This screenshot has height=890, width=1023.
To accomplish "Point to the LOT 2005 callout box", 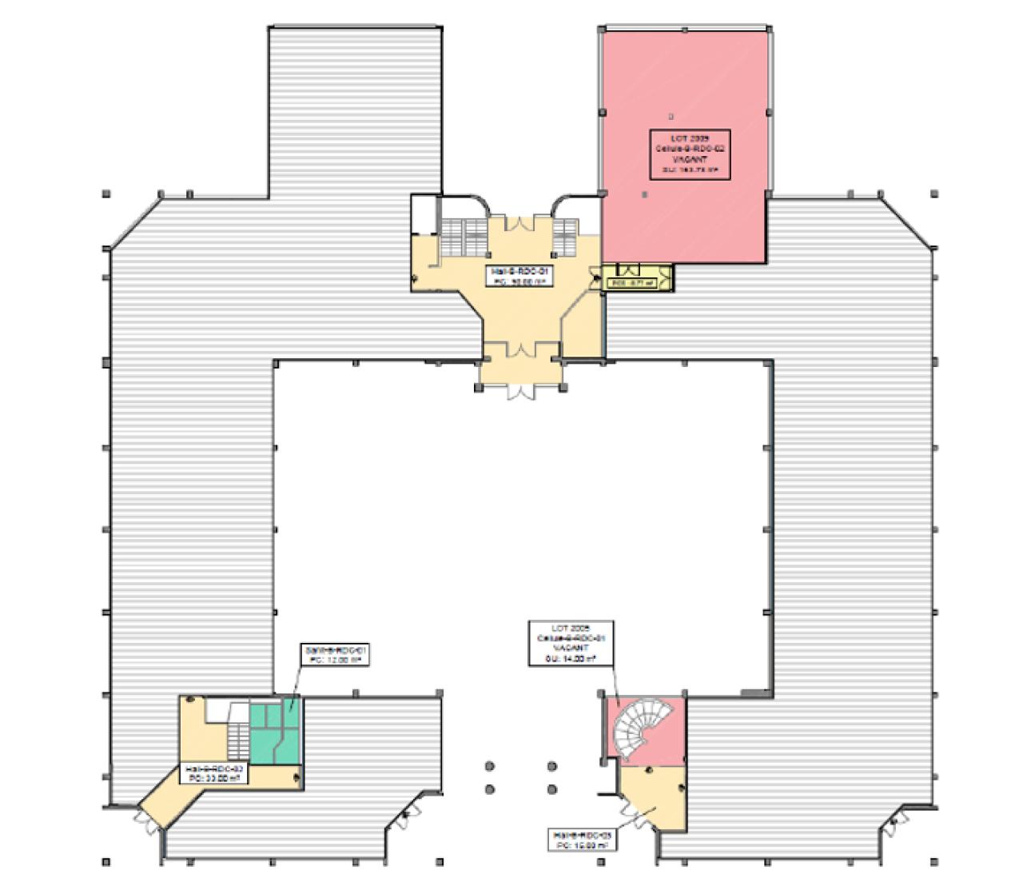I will click(x=568, y=643).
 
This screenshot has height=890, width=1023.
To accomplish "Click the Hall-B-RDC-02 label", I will click(x=214, y=772).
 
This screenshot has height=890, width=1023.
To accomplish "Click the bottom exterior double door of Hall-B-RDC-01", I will click(x=519, y=391).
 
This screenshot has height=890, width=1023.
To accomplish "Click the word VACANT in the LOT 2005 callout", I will click(x=568, y=649).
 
